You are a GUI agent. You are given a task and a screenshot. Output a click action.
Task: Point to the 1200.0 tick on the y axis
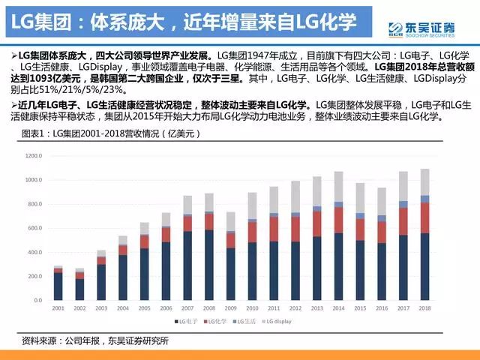(34, 156)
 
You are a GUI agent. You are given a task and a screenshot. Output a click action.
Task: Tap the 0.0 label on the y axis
(38, 300)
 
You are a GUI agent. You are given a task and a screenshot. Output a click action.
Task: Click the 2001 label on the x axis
(58, 309)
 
